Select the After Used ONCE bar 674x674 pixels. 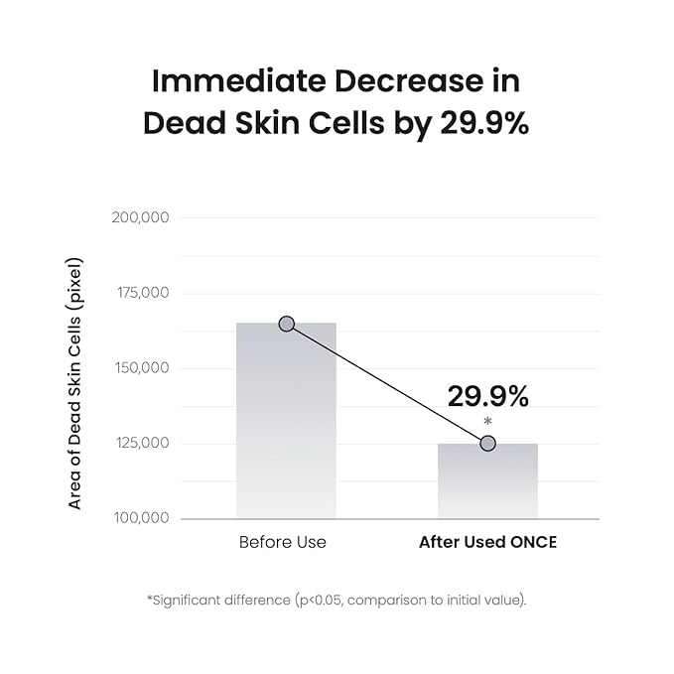pyautogui.click(x=487, y=481)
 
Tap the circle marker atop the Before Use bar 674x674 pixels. pyautogui.click(x=287, y=324)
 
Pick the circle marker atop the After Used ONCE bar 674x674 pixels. pyautogui.click(x=487, y=443)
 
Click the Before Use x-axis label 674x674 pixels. pyautogui.click(x=283, y=543)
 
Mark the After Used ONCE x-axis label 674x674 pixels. pyautogui.click(x=487, y=543)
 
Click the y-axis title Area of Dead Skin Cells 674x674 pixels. pyautogui.click(x=75, y=383)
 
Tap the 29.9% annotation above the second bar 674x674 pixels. pyautogui.click(x=487, y=396)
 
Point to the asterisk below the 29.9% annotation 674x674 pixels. pyautogui.click(x=487, y=423)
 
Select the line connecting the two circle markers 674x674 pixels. pyautogui.click(x=387, y=383)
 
